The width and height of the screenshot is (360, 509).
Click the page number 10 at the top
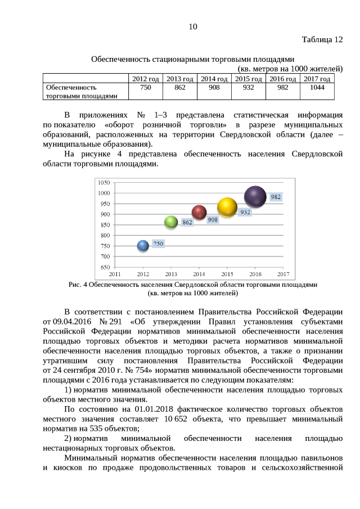click(193, 26)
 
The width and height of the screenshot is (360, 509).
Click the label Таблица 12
click(322, 40)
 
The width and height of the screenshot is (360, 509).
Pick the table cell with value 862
click(180, 88)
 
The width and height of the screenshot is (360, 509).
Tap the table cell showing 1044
click(317, 88)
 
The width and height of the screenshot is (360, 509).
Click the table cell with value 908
click(214, 88)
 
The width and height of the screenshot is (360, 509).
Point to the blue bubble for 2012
click(143, 245)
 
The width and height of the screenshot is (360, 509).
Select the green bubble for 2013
click(171, 222)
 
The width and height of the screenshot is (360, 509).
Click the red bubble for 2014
click(199, 212)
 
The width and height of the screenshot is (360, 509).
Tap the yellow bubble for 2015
click(227, 207)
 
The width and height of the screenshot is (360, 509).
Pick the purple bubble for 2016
click(255, 196)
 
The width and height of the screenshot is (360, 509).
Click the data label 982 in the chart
click(276, 197)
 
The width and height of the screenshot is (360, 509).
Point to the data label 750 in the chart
click(159, 244)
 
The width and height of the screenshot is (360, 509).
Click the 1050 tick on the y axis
click(103, 183)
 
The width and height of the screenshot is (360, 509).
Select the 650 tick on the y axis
click(105, 267)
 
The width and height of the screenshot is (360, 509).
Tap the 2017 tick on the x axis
click(283, 274)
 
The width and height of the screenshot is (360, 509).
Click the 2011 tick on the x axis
click(115, 274)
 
